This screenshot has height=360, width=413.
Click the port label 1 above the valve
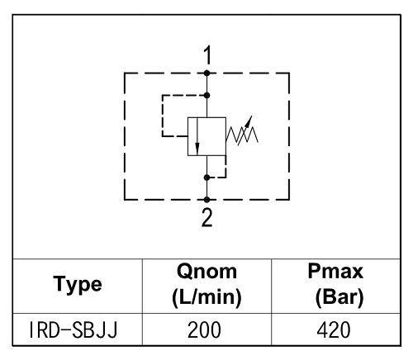[207, 55]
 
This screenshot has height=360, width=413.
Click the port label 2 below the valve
[207, 217]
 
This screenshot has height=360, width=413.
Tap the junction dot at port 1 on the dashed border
[207, 73]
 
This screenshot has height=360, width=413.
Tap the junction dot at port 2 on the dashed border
[207, 200]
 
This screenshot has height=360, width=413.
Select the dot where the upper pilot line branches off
[207, 96]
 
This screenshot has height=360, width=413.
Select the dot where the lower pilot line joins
[207, 178]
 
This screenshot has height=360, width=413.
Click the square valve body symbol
[207, 136]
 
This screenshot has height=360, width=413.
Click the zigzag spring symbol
[242, 135]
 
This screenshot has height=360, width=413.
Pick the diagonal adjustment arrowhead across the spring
[249, 121]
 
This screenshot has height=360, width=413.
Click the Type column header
[78, 285]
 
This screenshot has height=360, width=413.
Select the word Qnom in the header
[206, 272]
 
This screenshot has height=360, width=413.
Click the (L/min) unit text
[206, 297]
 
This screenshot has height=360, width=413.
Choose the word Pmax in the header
[335, 271]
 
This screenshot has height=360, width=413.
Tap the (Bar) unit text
[339, 297]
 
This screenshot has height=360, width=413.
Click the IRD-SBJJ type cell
[74, 329]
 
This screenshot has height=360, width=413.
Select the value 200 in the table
[204, 329]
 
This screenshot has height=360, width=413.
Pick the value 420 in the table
[334, 329]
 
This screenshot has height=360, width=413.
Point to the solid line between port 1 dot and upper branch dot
[207, 84]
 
